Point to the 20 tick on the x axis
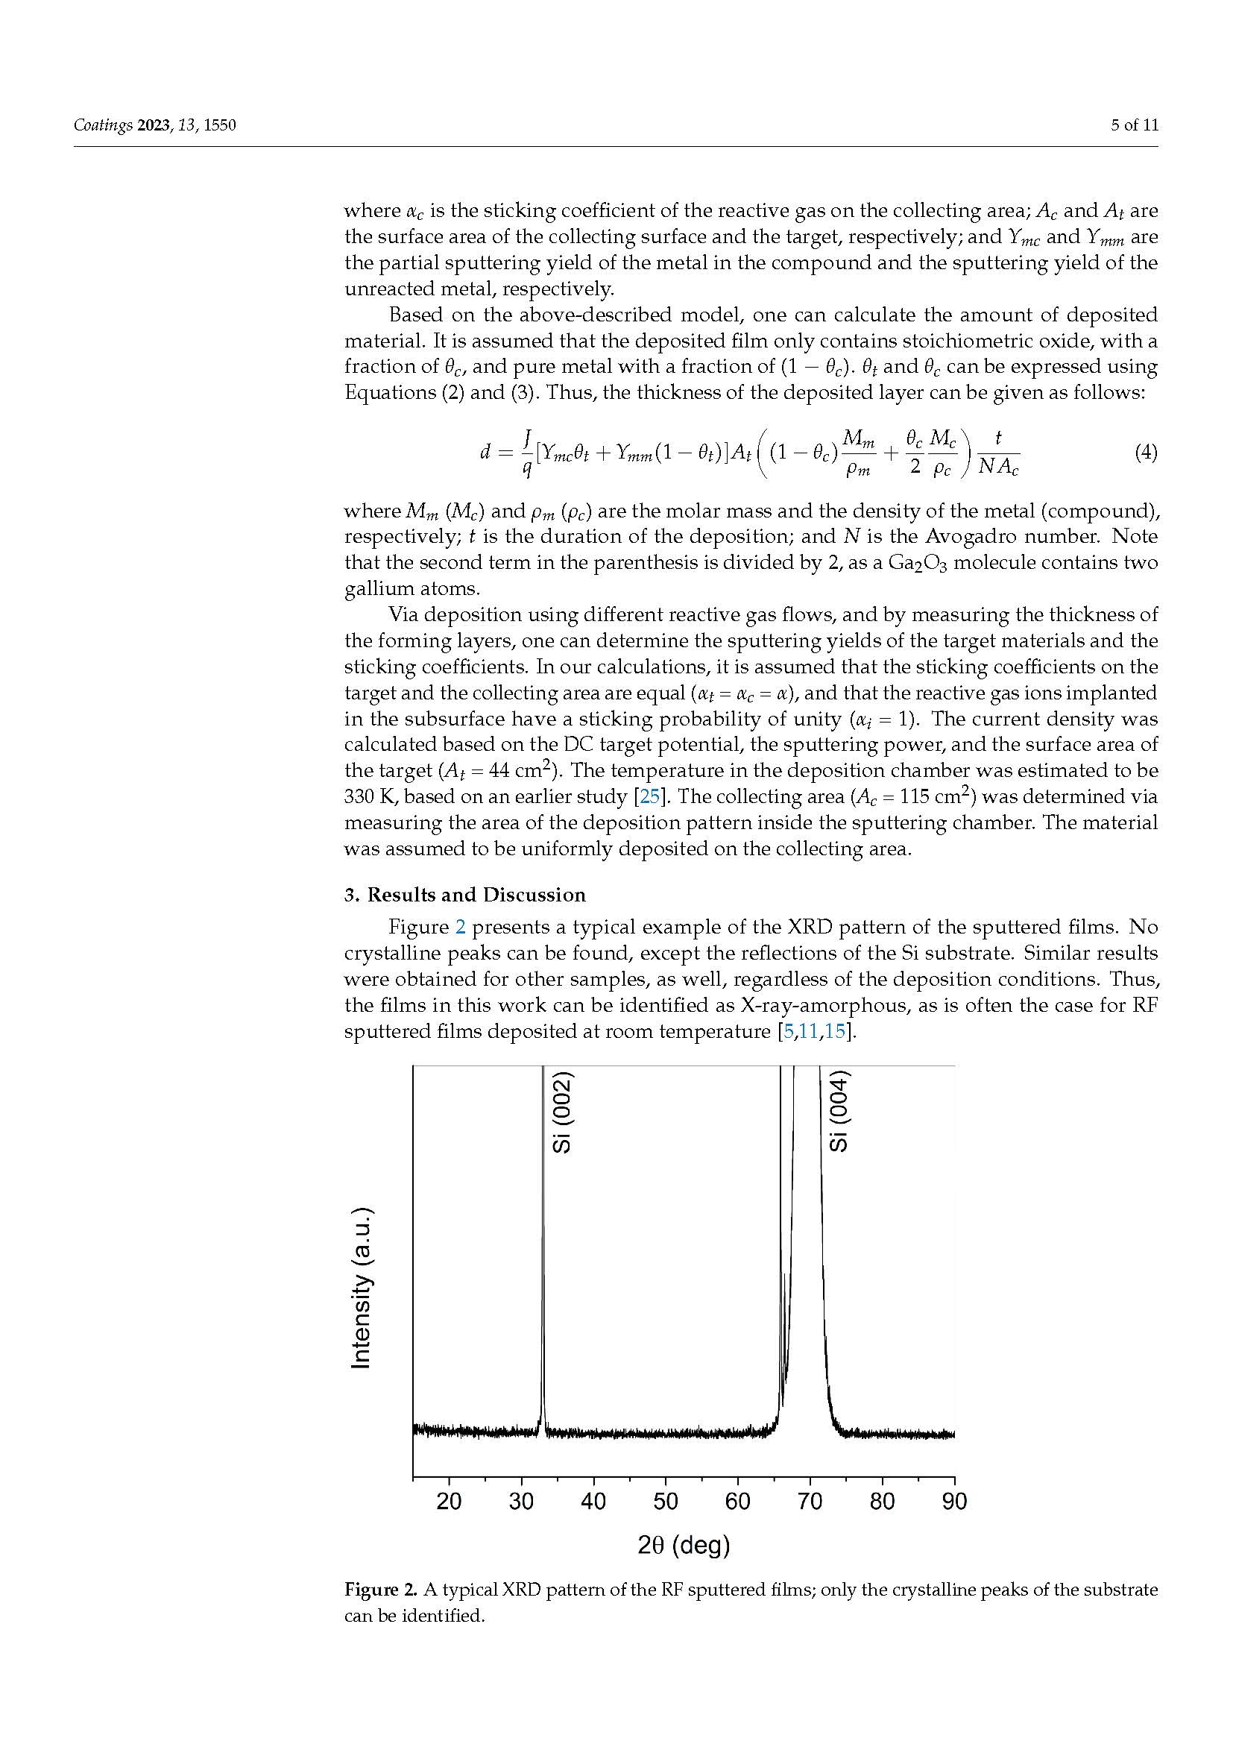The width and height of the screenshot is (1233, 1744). [x=449, y=1501]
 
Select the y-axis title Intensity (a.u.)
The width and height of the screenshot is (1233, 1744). [x=362, y=1288]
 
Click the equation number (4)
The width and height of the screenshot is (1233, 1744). [x=1146, y=453]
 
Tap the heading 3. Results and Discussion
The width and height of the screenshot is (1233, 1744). [x=464, y=895]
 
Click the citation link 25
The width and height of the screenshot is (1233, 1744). [x=650, y=797]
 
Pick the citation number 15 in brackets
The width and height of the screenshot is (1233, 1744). [x=834, y=1031]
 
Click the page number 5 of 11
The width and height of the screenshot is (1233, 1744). [x=1135, y=125]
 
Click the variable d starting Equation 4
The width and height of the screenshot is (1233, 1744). [x=485, y=453]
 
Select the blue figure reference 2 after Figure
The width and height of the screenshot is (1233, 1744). [x=460, y=928]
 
